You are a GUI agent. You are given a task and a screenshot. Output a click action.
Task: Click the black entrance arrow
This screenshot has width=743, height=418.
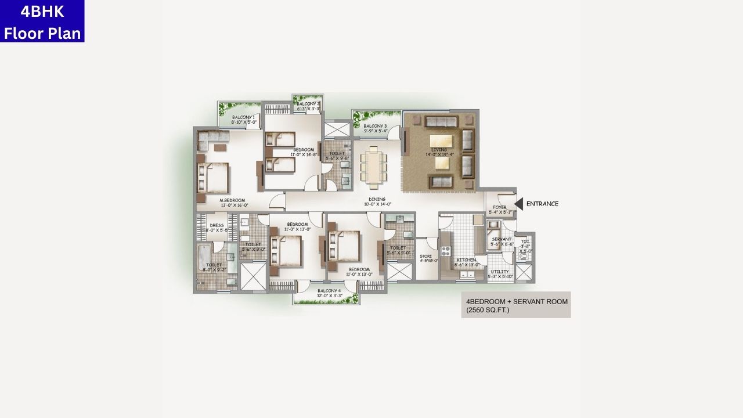(x=519, y=204)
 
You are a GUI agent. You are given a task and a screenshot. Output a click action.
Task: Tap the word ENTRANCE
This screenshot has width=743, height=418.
(x=542, y=204)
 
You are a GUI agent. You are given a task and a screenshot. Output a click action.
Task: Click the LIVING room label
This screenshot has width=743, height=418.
(x=439, y=150)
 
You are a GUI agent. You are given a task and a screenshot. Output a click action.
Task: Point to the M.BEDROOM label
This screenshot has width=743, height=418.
(x=233, y=200)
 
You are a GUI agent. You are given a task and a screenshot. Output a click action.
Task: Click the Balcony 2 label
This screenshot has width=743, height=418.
(x=308, y=104)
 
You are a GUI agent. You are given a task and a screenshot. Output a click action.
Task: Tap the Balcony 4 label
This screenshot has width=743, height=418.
(x=329, y=291)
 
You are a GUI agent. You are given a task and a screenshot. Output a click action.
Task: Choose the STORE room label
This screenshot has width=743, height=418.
(x=426, y=255)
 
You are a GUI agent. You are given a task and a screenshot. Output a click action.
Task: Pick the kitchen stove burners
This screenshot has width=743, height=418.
(x=446, y=251)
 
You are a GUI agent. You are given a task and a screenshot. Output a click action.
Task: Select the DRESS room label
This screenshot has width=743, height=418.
(x=217, y=225)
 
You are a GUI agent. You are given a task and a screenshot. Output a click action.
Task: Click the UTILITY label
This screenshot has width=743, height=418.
(x=500, y=271)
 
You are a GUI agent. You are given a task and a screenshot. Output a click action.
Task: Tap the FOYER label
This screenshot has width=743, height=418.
(x=500, y=207)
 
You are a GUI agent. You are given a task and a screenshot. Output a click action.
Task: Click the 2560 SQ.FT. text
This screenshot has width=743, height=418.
(x=487, y=311)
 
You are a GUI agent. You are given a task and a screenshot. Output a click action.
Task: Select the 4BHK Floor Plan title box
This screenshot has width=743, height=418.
(x=42, y=21)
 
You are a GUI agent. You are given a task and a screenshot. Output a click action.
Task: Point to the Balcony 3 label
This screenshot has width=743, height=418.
(x=376, y=126)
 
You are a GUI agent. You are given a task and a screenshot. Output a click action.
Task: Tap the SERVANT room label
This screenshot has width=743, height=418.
(x=502, y=239)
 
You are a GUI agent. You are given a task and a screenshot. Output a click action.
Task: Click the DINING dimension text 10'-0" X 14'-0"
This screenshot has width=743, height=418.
(x=377, y=204)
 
